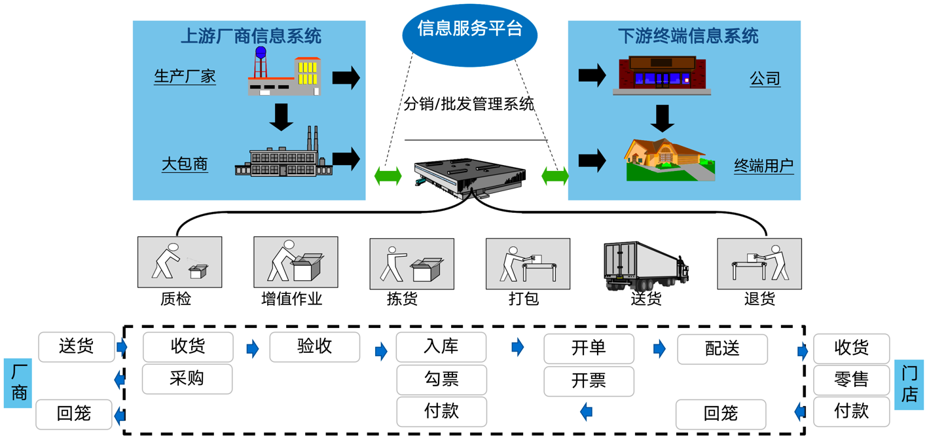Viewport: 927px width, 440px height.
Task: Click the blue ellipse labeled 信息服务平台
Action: [469, 33]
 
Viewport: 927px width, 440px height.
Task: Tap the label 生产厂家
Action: [185, 77]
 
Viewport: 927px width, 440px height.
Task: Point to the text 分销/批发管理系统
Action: [469, 103]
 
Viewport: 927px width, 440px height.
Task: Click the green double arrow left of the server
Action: [388, 175]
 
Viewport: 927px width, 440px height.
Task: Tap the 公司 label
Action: [765, 79]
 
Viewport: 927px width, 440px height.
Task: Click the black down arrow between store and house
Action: [663, 119]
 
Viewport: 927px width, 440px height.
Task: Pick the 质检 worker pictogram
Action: [179, 262]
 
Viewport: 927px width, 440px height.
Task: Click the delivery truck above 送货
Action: [645, 265]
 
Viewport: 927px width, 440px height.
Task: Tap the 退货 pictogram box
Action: [759, 264]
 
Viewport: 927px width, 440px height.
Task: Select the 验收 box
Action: [315, 347]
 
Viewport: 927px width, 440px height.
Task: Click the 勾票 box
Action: [441, 379]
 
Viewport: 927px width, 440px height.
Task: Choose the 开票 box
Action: [589, 381]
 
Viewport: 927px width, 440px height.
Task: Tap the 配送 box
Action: [722, 349]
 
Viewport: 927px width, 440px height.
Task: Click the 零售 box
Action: [851, 380]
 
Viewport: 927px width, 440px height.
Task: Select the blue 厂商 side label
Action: [18, 383]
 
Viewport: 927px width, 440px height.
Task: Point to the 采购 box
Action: [187, 379]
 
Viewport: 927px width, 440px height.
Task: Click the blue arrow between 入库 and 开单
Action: [518, 347]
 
